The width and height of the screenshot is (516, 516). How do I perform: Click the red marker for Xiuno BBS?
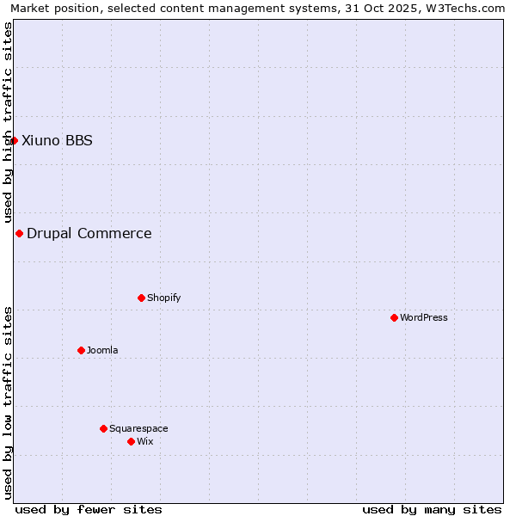click(x=14, y=140)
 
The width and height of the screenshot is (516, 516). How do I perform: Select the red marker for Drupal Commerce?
click(x=19, y=233)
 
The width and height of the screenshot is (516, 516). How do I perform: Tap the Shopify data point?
click(x=141, y=298)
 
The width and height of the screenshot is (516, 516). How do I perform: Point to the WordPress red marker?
click(x=394, y=317)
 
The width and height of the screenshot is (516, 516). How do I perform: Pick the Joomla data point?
click(x=81, y=350)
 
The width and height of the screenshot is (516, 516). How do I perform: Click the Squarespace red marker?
click(x=103, y=428)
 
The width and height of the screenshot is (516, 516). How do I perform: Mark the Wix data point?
click(x=131, y=441)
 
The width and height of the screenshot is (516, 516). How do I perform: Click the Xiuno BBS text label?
click(x=57, y=141)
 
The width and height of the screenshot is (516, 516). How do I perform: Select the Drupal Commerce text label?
click(x=89, y=234)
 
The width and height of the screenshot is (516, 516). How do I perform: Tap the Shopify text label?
click(x=163, y=298)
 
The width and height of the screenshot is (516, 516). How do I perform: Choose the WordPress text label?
click(x=424, y=318)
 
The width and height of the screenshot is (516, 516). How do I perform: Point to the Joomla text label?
click(x=102, y=351)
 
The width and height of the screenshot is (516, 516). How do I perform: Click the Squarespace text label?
click(x=138, y=429)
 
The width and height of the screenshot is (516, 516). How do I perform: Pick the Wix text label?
click(x=145, y=442)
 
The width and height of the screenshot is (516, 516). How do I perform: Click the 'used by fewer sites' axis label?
click(x=89, y=509)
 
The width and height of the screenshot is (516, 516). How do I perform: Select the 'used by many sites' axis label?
click(x=432, y=509)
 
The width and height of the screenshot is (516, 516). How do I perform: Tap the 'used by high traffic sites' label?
click(x=8, y=122)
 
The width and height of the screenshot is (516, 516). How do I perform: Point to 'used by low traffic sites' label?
click(x=8, y=402)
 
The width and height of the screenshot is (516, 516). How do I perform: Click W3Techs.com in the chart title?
click(x=465, y=9)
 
